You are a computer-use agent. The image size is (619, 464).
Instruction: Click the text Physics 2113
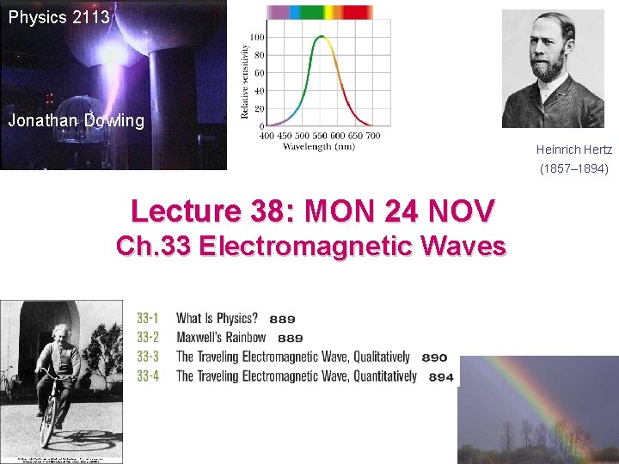coord(59,16)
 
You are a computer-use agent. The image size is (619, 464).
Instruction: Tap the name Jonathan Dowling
coord(77,120)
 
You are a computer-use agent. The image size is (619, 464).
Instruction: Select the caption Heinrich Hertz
coord(574,150)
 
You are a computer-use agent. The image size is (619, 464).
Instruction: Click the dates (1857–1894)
coord(574,169)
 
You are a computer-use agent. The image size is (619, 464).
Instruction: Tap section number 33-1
coord(148,319)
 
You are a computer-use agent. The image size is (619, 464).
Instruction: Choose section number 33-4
coord(148,375)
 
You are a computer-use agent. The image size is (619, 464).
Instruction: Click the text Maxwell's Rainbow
coord(221,338)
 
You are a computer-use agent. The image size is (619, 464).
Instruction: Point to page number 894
coord(441,376)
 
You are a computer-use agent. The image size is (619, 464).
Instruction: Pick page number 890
coord(435,357)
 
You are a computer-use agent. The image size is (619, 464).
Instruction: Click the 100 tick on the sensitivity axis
coord(256,37)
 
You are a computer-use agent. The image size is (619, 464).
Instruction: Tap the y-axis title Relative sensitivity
coord(243,82)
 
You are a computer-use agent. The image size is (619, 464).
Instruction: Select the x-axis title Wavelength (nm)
coord(319,146)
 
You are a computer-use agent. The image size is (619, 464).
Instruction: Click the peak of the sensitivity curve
coord(322,37)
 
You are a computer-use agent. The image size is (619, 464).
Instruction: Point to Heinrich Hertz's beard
coord(553,70)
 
